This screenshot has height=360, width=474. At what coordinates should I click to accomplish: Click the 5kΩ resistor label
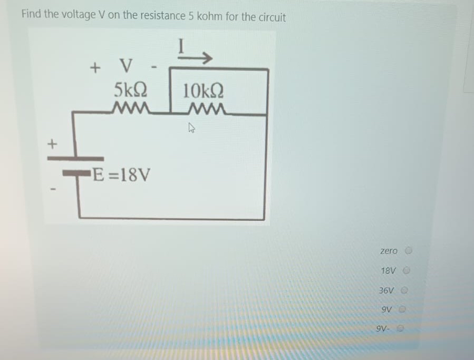tap(130, 89)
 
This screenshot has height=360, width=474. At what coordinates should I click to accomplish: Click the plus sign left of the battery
tap(52, 142)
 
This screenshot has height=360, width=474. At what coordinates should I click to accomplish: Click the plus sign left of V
tap(95, 68)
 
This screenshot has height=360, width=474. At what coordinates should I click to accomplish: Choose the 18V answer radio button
tap(407, 271)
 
